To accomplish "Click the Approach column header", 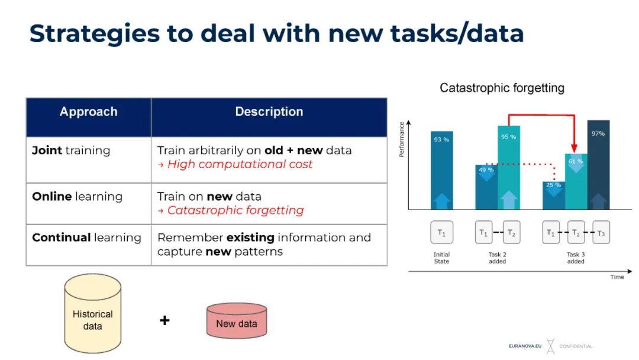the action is point(89,112).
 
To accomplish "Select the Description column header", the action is point(269,112).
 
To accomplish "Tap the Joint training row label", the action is point(71,150).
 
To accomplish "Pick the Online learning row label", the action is point(77,197).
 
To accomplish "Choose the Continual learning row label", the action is point(86,238).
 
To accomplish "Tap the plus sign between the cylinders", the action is point(164,320).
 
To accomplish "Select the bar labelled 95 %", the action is point(508,168).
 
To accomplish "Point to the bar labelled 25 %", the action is point(553,196).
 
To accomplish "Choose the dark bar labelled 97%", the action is point(598,166).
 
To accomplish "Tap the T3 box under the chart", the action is point(601,233).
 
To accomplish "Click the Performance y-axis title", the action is point(402,139).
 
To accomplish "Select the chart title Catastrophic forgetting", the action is point(502,88).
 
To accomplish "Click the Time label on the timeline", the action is point(617,277).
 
